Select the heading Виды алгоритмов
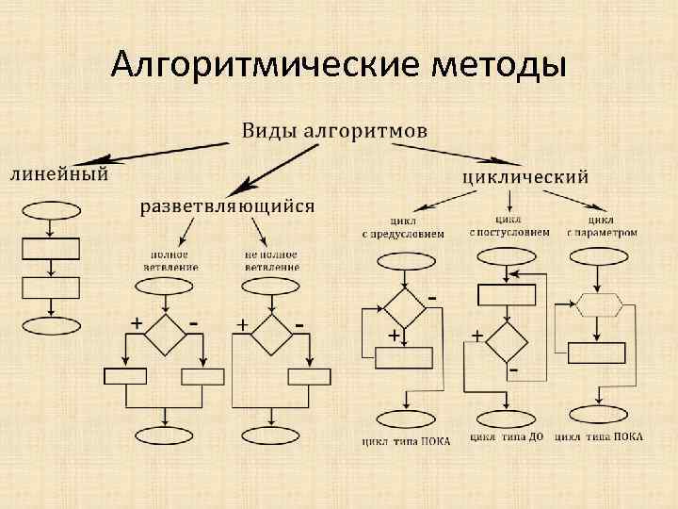[x=334, y=129]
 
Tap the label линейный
[x=58, y=172]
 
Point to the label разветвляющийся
[x=229, y=205]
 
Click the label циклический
[x=526, y=175]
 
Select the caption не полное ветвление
[x=271, y=260]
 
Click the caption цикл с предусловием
[x=402, y=227]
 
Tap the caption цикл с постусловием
[x=509, y=227]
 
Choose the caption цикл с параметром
[x=602, y=227]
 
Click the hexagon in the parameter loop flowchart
[x=598, y=304]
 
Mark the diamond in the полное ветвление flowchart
[x=165, y=333]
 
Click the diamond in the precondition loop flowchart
[x=403, y=306]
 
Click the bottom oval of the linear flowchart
[x=50, y=326]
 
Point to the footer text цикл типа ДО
[x=509, y=438]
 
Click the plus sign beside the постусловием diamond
[x=477, y=336]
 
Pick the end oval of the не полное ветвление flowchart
[x=270, y=435]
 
